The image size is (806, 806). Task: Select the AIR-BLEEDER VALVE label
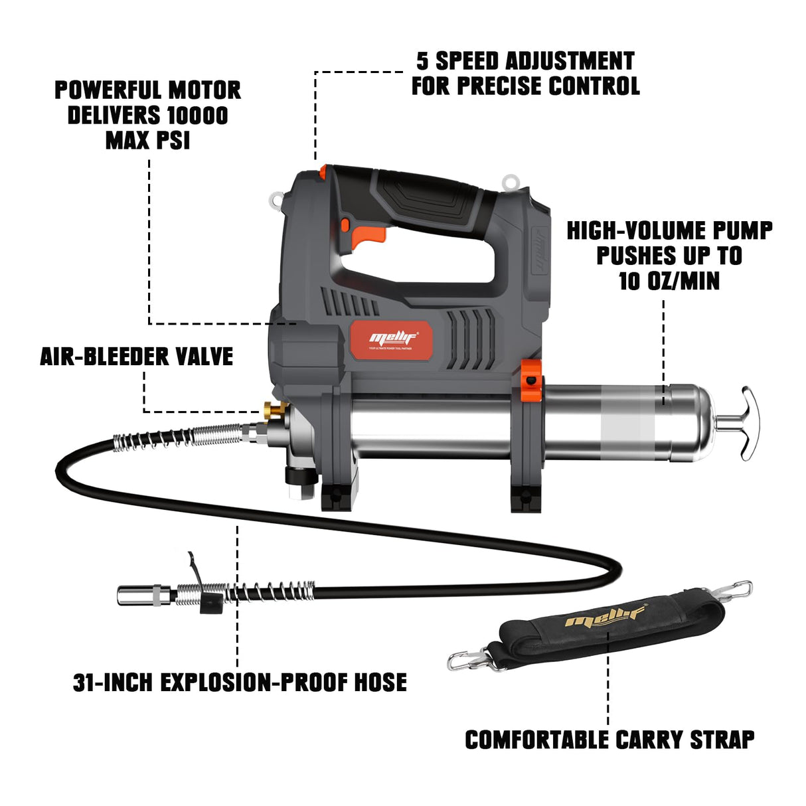tap(136, 357)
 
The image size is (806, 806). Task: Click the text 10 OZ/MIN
tap(669, 281)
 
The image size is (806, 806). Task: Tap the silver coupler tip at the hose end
tap(134, 594)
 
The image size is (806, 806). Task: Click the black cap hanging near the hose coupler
tap(210, 603)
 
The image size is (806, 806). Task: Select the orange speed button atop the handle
tap(323, 172)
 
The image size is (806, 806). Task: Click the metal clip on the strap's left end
tap(471, 659)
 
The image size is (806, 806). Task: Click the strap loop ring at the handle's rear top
tap(511, 180)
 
